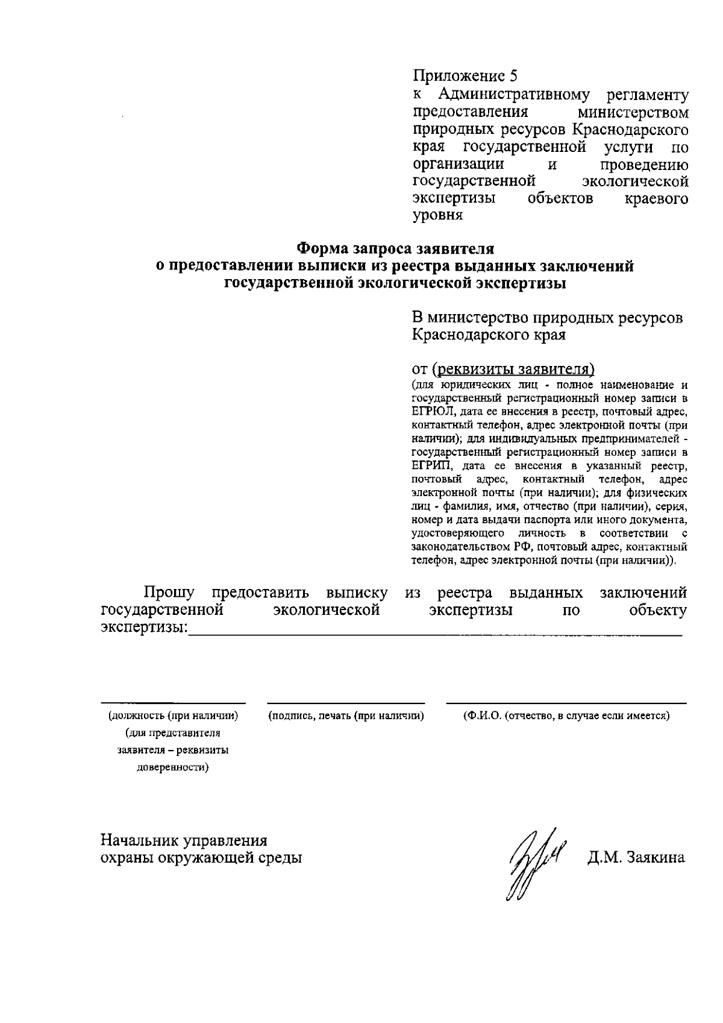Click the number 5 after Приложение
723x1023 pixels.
pos(513,77)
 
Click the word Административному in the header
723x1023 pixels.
pos(513,95)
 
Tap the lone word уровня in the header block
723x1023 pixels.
pos(437,215)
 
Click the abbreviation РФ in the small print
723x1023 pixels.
pos(523,547)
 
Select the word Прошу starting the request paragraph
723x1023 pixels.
pos(169,593)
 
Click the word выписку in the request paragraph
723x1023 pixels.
pos(357,593)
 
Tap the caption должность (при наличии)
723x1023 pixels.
pos(173,716)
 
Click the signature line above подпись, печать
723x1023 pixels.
pos(346,703)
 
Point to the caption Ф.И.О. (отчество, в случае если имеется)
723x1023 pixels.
pos(566,716)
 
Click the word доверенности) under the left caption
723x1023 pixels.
pos(173,768)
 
